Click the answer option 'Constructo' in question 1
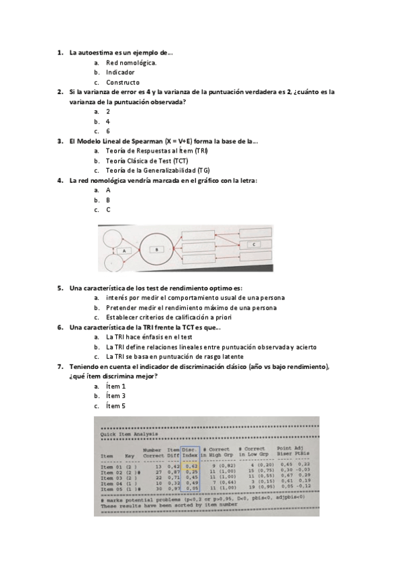[x=123, y=82]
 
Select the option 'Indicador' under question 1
[x=120, y=72]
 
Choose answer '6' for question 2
[x=108, y=132]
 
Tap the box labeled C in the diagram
[x=255, y=245]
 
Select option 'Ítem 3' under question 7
[x=116, y=396]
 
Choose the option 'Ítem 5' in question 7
[x=116, y=406]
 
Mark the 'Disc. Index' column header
[x=190, y=452]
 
